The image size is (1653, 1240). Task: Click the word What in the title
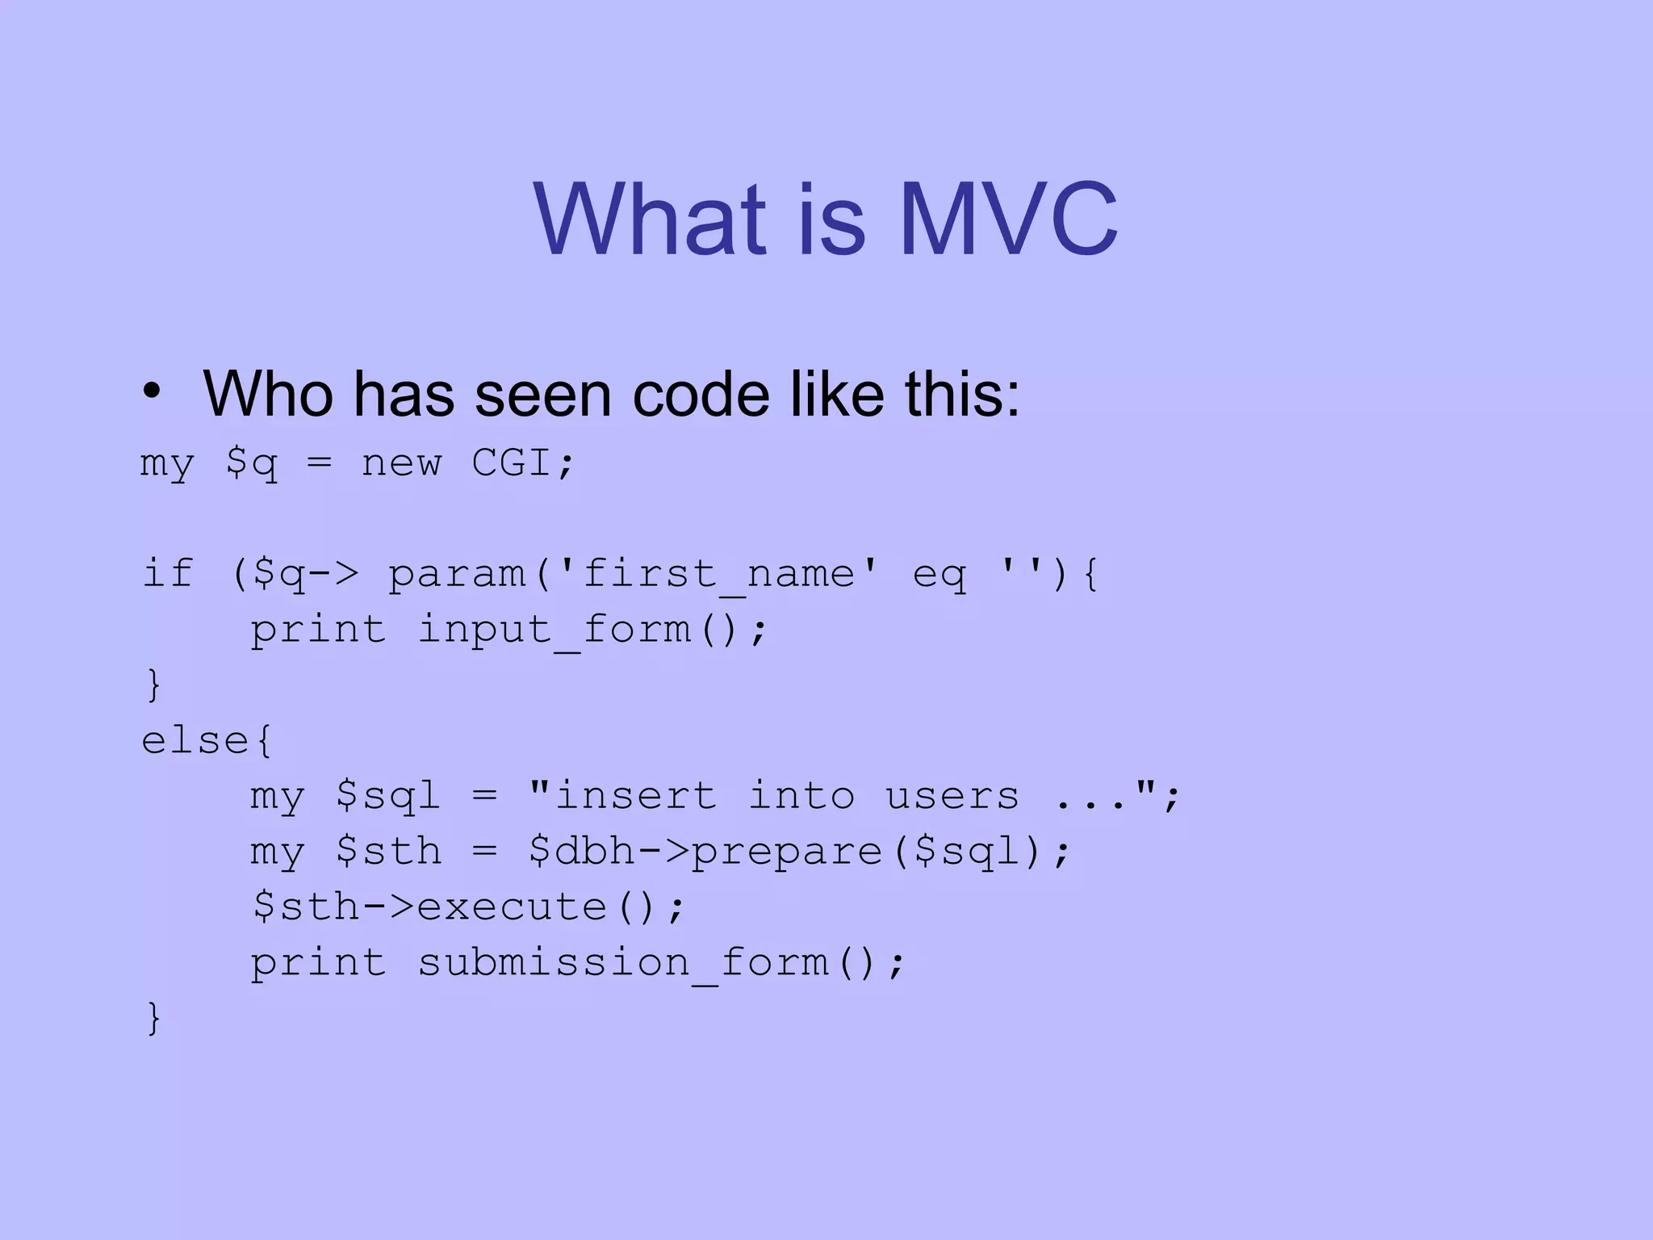649,220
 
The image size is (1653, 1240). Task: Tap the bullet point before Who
151,392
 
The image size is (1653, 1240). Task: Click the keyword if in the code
168,573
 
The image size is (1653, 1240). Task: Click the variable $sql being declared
388,797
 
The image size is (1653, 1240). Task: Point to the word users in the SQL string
952,797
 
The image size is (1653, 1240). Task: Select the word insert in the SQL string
636,797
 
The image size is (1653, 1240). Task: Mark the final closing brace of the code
154,1017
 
